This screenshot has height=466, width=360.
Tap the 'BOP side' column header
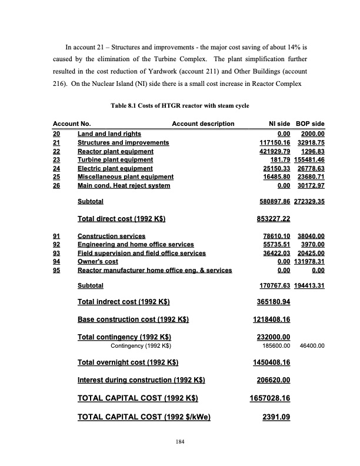(310, 124)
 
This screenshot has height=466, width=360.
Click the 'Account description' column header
(203, 124)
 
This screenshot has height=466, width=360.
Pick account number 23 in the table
(57, 159)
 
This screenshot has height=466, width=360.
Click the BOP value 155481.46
(310, 159)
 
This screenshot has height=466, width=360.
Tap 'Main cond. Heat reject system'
(124, 185)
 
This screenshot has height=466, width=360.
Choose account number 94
(57, 262)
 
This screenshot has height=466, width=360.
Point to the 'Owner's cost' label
(98, 262)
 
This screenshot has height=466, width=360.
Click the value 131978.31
(310, 262)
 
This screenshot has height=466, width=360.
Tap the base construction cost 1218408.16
(268, 320)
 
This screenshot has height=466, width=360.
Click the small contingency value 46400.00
(312, 346)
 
